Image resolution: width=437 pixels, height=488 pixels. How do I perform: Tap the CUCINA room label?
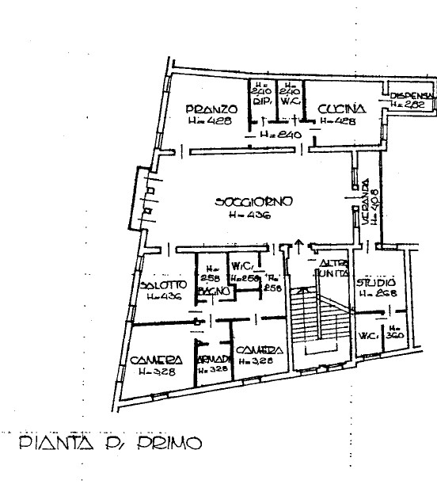tap(340, 109)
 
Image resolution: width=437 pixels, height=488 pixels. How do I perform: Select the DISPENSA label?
tap(411, 96)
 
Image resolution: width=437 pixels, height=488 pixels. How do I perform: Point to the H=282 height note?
tap(411, 104)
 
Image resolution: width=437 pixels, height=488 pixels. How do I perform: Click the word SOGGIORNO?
tap(254, 201)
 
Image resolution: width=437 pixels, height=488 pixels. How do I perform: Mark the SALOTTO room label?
tap(163, 285)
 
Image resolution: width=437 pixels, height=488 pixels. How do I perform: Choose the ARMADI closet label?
tap(211, 359)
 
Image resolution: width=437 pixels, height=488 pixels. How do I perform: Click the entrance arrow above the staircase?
tap(298, 242)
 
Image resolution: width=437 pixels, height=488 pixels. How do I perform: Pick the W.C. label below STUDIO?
tap(367, 335)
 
